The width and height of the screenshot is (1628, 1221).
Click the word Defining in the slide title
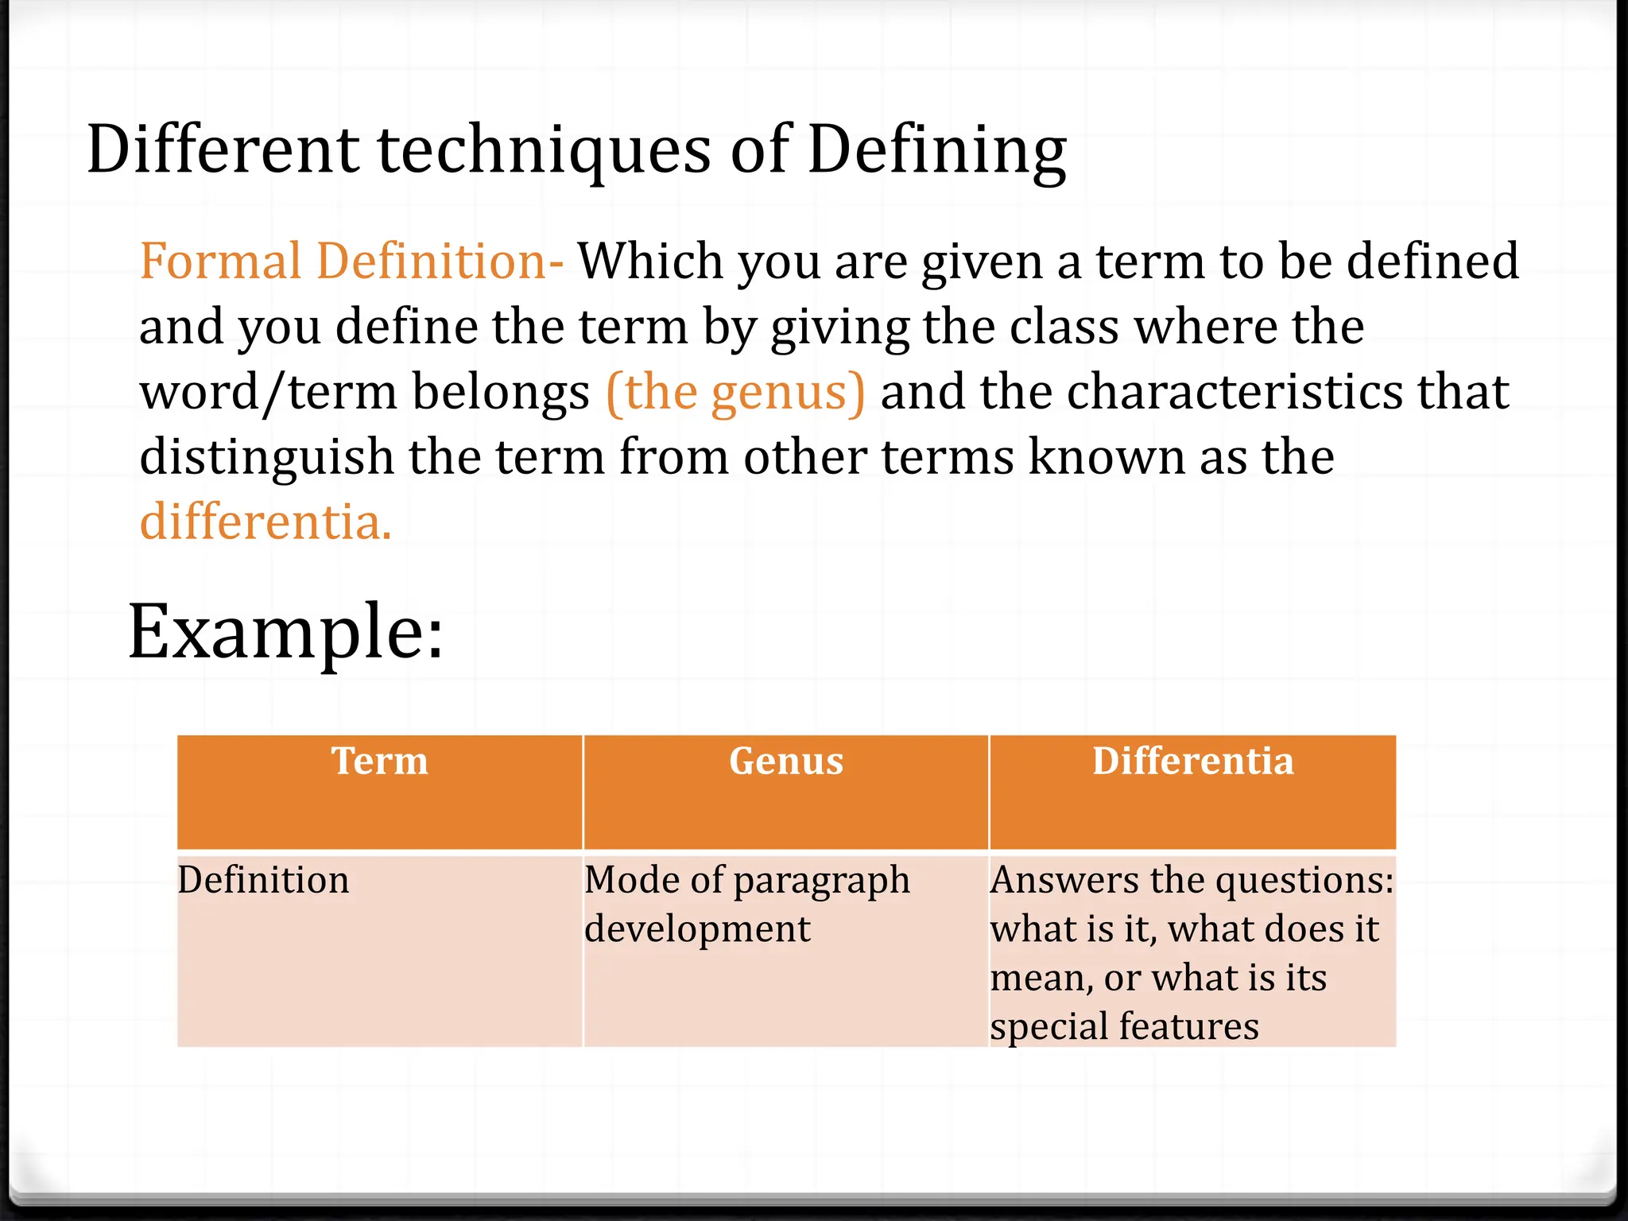click(936, 151)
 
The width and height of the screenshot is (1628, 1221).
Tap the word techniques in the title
click(544, 151)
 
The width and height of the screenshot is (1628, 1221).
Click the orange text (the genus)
click(735, 392)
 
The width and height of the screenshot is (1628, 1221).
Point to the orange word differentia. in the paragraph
click(266, 522)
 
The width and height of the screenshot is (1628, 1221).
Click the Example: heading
click(285, 633)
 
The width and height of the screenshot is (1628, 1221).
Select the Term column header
click(380, 762)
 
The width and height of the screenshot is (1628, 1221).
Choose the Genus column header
click(786, 762)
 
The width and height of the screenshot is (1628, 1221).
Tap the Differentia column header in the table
click(1192, 762)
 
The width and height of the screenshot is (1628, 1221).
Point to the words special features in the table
click(1124, 1026)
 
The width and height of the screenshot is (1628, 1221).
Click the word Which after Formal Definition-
click(650, 262)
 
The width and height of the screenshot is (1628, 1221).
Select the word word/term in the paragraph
click(268, 392)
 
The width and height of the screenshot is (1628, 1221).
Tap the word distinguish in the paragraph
click(266, 458)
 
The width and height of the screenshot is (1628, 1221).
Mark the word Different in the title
click(223, 151)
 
